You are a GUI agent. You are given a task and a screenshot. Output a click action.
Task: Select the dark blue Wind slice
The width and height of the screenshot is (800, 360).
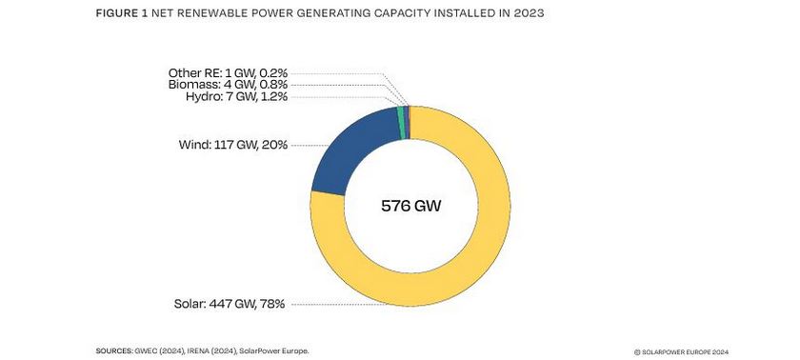[x=348, y=152]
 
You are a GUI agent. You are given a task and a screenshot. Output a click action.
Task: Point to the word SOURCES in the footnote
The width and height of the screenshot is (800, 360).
[x=119, y=350]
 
